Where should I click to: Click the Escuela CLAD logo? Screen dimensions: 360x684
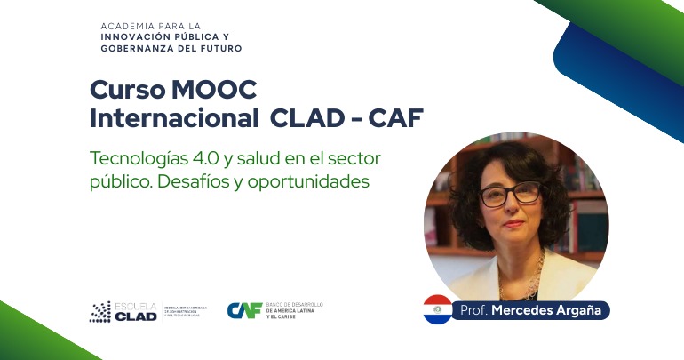[x=124, y=311]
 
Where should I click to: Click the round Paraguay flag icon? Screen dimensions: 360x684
[x=437, y=309]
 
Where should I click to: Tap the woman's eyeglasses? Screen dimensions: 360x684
[x=513, y=193]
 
